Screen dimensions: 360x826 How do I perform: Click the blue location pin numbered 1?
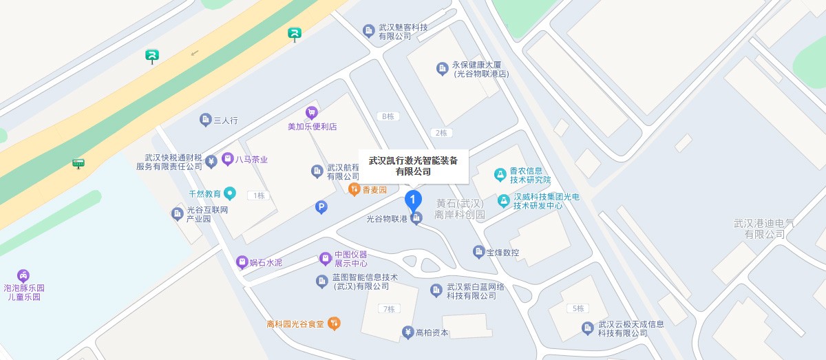[x=412, y=200]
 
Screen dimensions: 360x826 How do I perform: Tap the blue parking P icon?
[x=321, y=207]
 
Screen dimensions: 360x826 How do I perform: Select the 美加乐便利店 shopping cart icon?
[x=312, y=113]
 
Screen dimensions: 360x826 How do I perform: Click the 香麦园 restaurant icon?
[x=354, y=189]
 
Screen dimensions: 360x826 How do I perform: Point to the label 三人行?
[x=226, y=120]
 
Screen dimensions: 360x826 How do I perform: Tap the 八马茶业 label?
[x=251, y=160]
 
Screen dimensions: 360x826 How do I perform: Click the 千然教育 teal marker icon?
[x=230, y=193]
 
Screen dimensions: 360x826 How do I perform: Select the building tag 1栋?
[x=259, y=195]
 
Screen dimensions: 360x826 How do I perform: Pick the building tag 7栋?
[x=389, y=309]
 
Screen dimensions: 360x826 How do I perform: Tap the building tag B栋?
[x=388, y=116]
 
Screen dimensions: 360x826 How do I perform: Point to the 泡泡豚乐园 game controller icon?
[x=23, y=275]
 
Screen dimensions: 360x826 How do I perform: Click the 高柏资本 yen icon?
[x=407, y=332]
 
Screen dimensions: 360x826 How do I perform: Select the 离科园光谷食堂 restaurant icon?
[x=334, y=322]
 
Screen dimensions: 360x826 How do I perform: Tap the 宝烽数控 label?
[x=503, y=252]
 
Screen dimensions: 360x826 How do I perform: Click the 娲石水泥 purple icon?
[x=242, y=262]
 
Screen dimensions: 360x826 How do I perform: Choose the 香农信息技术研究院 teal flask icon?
[x=500, y=175]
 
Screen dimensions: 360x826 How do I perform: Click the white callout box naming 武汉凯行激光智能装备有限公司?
[x=413, y=166]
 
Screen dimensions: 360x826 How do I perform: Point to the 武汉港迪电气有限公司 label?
[x=763, y=229]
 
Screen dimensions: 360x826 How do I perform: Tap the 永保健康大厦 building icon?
[x=443, y=68]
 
